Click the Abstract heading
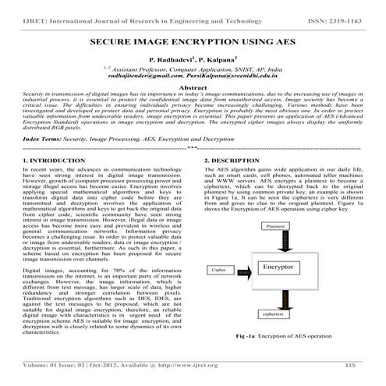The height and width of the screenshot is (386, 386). tap(193, 89)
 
